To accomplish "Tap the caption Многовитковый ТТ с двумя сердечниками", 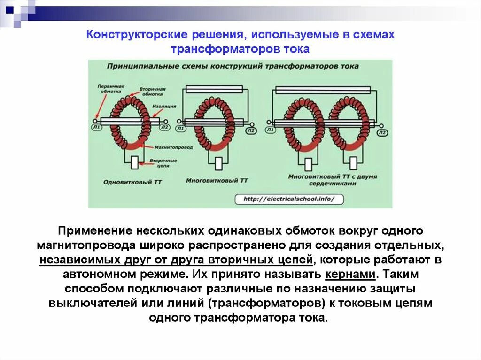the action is (333, 180).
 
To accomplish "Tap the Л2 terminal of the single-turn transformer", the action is (164, 127).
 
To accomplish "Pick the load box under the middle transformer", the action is (218, 163).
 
